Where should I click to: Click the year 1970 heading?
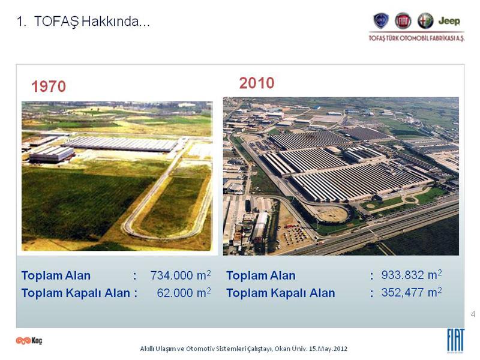[49, 86]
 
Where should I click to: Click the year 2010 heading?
[257, 83]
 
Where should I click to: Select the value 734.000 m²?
[181, 275]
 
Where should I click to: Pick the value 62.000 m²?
[184, 293]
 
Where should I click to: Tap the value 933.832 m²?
[412, 275]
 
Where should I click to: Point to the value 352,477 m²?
[412, 292]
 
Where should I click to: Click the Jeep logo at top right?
[449, 21]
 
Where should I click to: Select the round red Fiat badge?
[403, 21]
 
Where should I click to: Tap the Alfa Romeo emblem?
[425, 21]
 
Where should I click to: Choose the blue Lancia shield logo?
[381, 21]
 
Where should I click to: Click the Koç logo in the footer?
[29, 340]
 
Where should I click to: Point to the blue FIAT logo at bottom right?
[456, 340]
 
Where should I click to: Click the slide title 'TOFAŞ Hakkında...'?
[92, 22]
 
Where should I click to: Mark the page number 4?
[473, 314]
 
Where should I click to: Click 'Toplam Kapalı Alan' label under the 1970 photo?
[76, 293]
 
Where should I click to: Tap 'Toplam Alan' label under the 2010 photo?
[261, 275]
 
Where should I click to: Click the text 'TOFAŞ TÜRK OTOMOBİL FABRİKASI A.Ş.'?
[416, 38]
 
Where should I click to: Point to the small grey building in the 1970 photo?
[51, 154]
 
